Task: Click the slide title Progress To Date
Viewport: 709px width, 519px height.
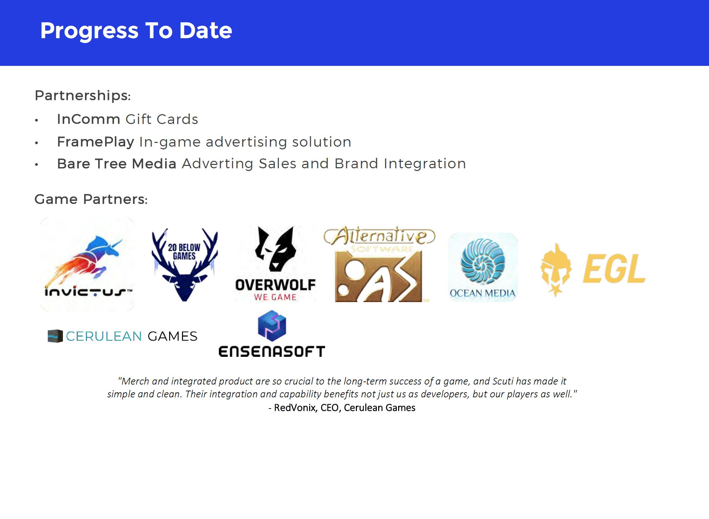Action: point(136,30)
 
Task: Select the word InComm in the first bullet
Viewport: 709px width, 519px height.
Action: point(89,119)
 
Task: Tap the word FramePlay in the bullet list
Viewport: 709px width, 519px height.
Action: point(96,142)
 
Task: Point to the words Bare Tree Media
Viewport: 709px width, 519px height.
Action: point(117,164)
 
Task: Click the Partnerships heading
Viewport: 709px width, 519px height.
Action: point(83,96)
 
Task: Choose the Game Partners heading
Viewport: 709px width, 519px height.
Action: point(91,199)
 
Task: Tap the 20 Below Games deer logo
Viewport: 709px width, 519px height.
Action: point(185,265)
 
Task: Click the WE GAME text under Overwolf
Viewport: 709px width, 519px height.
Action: point(275,297)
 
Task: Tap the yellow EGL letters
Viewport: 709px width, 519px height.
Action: point(614,268)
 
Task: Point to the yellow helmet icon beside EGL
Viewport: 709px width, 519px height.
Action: point(555,270)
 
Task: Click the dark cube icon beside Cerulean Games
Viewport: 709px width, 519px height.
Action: point(55,336)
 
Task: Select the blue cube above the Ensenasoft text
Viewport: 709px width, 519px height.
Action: point(272,326)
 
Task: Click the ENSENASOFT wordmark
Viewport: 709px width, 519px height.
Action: point(272,351)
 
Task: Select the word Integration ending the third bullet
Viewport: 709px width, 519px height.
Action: point(425,164)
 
